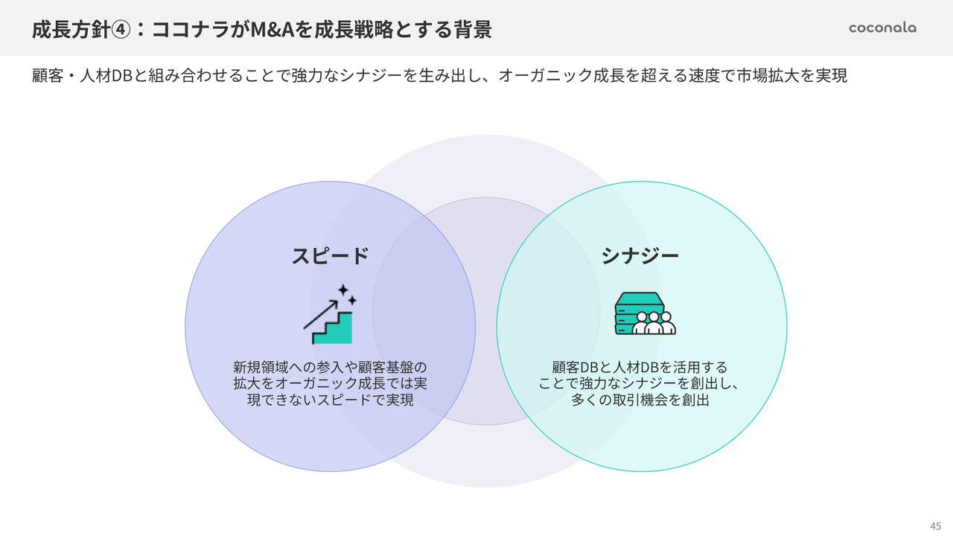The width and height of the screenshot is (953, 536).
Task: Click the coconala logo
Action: coord(882,28)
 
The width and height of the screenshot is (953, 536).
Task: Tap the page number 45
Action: coord(936,526)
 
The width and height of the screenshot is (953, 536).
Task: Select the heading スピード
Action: coord(330,256)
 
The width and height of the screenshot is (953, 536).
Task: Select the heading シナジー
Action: coord(640,256)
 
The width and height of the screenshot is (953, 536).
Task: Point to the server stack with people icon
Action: coord(645,313)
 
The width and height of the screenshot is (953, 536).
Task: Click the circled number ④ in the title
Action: coord(121,30)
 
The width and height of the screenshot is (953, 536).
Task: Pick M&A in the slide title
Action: coord(272,30)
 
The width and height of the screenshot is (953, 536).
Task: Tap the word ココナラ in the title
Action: coord(191,30)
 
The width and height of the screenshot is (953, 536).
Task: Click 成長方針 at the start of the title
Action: coord(71,30)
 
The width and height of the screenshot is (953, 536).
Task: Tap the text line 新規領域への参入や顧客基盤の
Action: coord(330,367)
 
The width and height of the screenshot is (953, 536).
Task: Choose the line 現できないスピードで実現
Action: coord(330,400)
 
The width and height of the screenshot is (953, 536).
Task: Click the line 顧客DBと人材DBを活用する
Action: coord(640,367)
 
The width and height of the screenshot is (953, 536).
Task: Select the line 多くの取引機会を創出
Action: coord(640,400)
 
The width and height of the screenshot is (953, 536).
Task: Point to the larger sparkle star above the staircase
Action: coord(343,290)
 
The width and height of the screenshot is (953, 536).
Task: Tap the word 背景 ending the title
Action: coord(472,30)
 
